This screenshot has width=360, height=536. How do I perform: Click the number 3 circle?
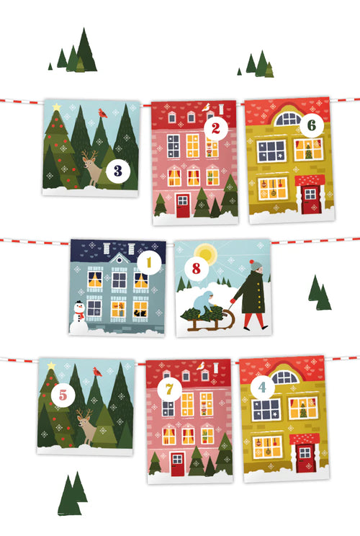pos(117,171)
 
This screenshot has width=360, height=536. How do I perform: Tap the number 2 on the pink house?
pos(214,129)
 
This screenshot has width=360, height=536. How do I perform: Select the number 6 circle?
pos(310,125)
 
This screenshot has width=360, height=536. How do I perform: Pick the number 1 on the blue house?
pos(149,263)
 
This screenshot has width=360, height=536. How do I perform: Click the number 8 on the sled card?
pos(195,269)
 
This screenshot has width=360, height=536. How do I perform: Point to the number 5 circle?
pos(63,395)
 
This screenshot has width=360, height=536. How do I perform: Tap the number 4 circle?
pos(262,388)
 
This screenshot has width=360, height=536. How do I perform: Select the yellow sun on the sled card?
pos(207,253)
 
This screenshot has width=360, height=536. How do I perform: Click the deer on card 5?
pos(87,427)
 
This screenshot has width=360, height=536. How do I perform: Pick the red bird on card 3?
pos(102,113)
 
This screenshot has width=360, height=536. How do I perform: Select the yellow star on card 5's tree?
pos(51,367)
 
